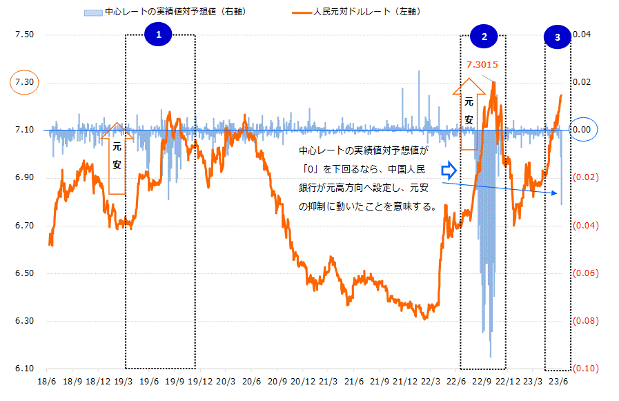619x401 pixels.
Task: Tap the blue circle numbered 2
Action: click(x=484, y=37)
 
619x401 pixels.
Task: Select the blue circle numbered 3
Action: click(x=558, y=38)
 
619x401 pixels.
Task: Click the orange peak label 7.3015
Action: click(x=482, y=65)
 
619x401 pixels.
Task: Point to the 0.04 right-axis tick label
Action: click(x=584, y=35)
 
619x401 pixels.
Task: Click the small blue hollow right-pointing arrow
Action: click(x=449, y=169)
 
